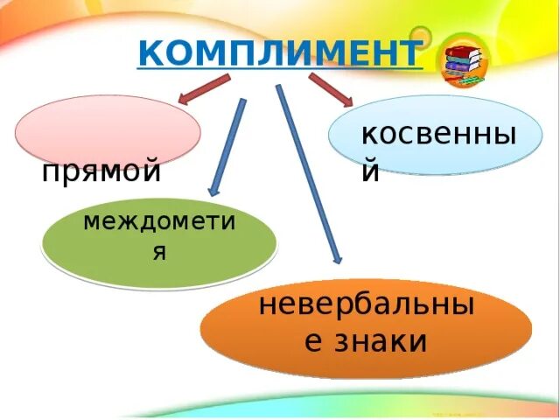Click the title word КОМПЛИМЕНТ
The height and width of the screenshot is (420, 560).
[279, 53]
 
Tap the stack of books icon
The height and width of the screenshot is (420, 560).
[462, 62]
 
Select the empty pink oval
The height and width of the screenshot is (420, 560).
[108, 129]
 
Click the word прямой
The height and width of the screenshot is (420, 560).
[101, 171]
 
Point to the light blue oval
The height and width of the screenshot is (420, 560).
[435, 136]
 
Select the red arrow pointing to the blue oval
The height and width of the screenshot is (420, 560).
[330, 89]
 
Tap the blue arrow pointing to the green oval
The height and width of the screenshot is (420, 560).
[227, 144]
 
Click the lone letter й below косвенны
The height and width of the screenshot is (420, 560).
[371, 172]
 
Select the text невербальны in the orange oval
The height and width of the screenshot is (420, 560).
[366, 306]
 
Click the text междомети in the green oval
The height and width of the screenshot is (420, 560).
[159, 220]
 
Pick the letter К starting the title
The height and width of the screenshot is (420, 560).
[150, 53]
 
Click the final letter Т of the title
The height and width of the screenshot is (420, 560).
[408, 53]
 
